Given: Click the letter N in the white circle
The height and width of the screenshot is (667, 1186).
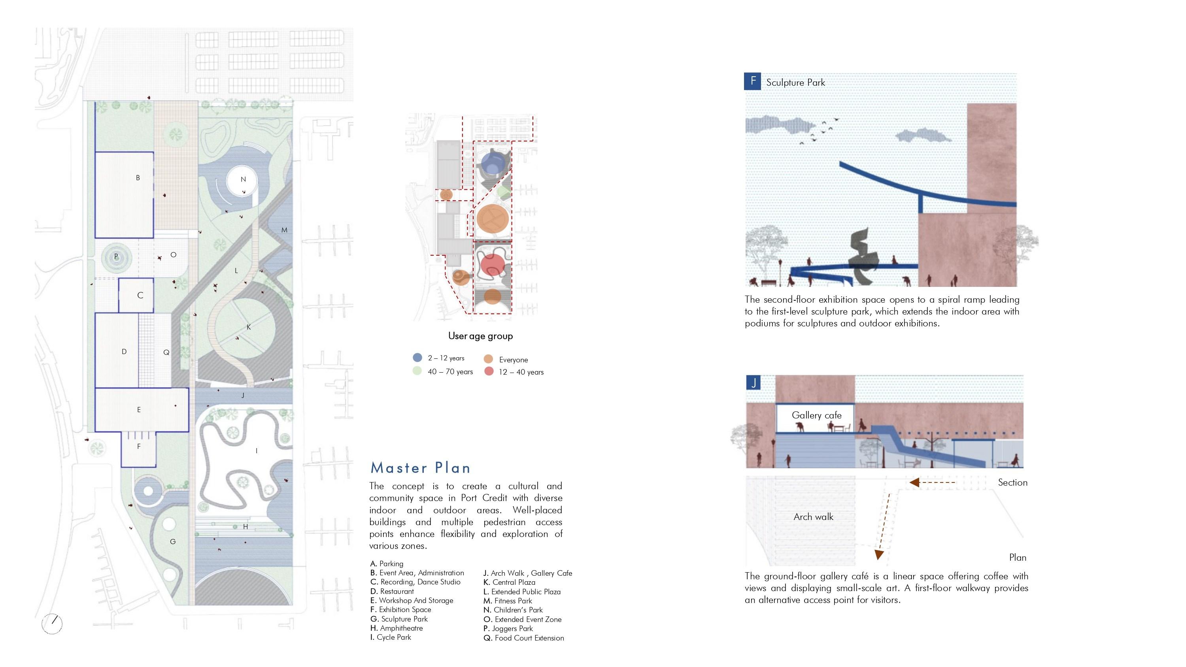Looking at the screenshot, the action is tap(243, 179).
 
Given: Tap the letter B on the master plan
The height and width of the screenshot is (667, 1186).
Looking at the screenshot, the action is tap(138, 178).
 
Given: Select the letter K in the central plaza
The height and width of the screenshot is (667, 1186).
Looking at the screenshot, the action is tap(249, 327).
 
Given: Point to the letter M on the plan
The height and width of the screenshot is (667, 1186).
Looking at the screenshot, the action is tap(284, 230).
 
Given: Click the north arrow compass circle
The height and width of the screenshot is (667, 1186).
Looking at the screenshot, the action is tap(52, 624).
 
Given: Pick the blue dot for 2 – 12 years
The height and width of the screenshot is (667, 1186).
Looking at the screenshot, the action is tap(417, 358).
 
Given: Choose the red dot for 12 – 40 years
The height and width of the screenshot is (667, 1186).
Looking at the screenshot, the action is tap(489, 371).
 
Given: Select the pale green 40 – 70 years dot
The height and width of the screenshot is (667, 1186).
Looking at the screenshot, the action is tap(417, 371).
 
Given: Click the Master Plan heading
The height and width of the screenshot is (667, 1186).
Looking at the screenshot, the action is tap(420, 468).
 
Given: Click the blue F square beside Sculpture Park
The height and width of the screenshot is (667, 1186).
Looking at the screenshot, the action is tap(752, 81).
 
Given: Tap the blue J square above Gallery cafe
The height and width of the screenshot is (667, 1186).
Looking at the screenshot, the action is tap(753, 383).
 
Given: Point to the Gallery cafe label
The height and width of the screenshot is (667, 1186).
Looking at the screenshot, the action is tap(816, 415).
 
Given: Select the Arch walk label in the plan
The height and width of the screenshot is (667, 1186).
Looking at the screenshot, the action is tap(813, 517).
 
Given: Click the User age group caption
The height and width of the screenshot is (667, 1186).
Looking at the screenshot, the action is tap(480, 336).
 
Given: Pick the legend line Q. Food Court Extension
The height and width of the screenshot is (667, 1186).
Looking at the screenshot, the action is tap(523, 638).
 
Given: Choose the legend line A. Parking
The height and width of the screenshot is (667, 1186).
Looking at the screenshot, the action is tap(387, 563).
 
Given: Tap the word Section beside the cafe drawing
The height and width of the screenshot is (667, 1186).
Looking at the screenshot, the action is tap(1012, 482).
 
